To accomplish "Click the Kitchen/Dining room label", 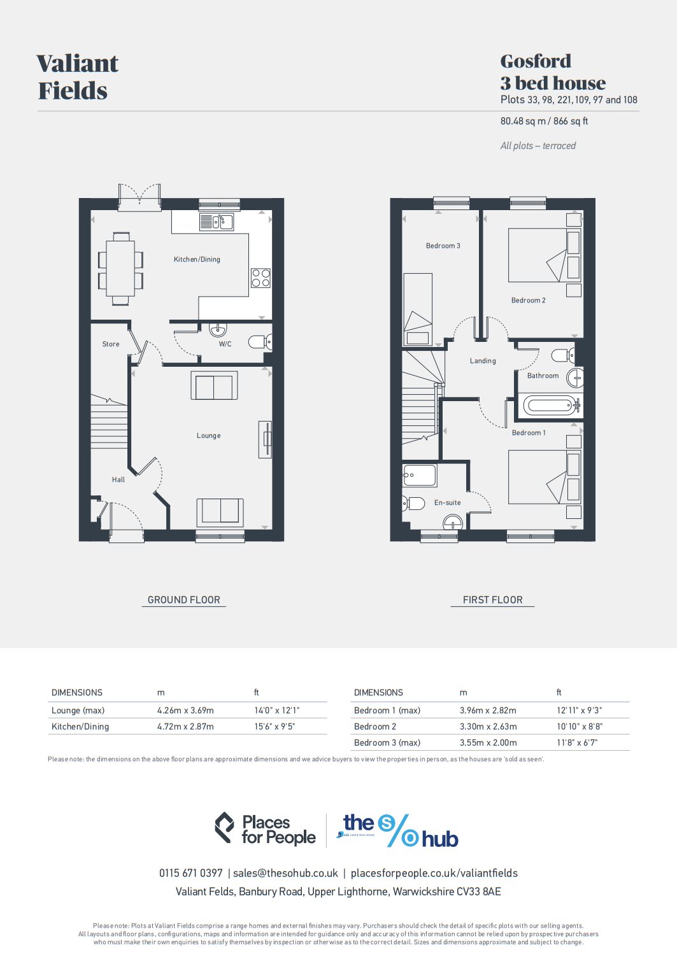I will pos(197,259).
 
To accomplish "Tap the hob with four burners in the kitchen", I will pos(260,278).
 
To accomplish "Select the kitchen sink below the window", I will pos(217,222).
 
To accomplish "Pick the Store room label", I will pos(111,344).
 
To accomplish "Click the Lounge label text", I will pos(208,436).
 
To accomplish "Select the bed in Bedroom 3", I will pos(418,309).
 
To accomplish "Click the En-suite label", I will pos(447,502).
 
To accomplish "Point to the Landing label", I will pos(483,361).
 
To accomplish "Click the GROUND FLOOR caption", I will pos(183,600).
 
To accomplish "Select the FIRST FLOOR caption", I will pos(492,600).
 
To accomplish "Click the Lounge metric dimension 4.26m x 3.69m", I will pos(185,710).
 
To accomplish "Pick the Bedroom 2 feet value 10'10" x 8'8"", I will pos(579,727).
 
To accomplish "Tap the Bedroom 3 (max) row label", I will pos(387,742).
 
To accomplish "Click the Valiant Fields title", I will pos(77,77).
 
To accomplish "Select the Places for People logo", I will pos(266,829).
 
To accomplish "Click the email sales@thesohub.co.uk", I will pos(285,873).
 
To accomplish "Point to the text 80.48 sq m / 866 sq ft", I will pos(544,121).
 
